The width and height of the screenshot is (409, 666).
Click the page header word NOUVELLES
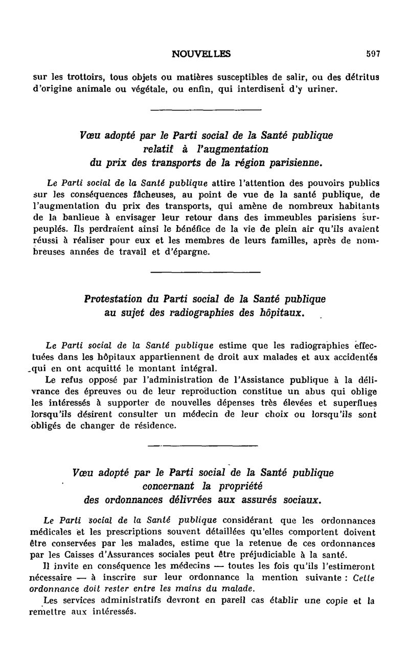pos(201,53)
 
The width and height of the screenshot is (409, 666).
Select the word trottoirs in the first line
pos(79,77)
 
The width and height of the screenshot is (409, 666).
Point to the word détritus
pos(366,77)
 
